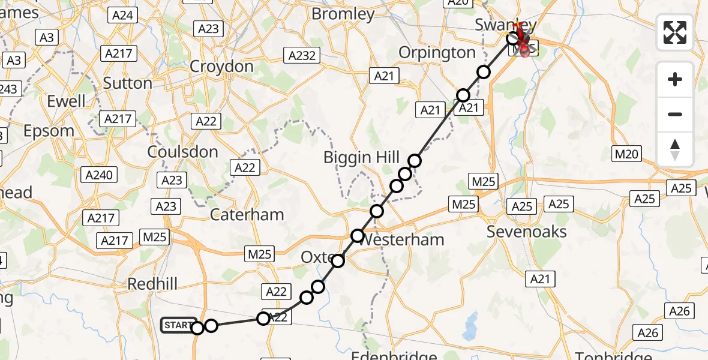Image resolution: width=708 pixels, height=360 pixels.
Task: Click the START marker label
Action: pyautogui.click(x=178, y=325)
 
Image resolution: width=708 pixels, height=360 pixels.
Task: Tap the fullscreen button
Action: pyautogui.click(x=675, y=32)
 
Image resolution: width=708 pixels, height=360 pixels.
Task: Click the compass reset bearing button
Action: pyautogui.click(x=675, y=149)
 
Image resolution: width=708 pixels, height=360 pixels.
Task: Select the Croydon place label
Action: pyautogui.click(x=221, y=66)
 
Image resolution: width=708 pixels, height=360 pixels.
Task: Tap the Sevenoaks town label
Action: pyautogui.click(x=526, y=232)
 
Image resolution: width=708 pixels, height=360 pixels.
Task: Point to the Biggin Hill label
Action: pyautogui.click(x=361, y=158)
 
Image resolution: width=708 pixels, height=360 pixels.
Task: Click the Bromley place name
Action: pyautogui.click(x=343, y=14)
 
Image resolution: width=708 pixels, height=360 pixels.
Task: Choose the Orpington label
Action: pyautogui.click(x=437, y=53)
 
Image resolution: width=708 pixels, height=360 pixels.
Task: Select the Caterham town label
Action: pyautogui.click(x=247, y=214)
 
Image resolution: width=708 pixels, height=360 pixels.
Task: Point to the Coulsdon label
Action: pyautogui.click(x=183, y=152)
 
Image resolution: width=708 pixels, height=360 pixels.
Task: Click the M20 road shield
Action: pyautogui.click(x=627, y=154)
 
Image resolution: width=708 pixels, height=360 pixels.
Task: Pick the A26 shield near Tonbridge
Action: pyautogui.click(x=648, y=333)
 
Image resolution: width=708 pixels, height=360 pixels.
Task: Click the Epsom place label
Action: pyautogui.click(x=49, y=131)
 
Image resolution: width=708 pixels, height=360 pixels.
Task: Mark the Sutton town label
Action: pyautogui.click(x=127, y=82)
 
